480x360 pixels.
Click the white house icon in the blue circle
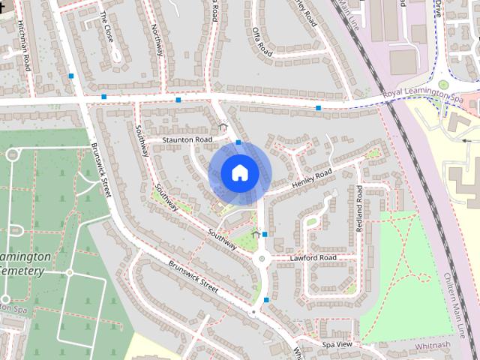pyautogui.click(x=239, y=172)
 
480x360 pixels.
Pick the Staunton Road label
pyautogui.click(x=187, y=139)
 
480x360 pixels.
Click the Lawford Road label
pyautogui.click(x=313, y=258)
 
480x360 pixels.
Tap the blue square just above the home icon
pyautogui.click(x=238, y=142)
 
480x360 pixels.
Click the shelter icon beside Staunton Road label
pyautogui.click(x=222, y=128)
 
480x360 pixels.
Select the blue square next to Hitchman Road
pyautogui.click(x=71, y=76)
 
